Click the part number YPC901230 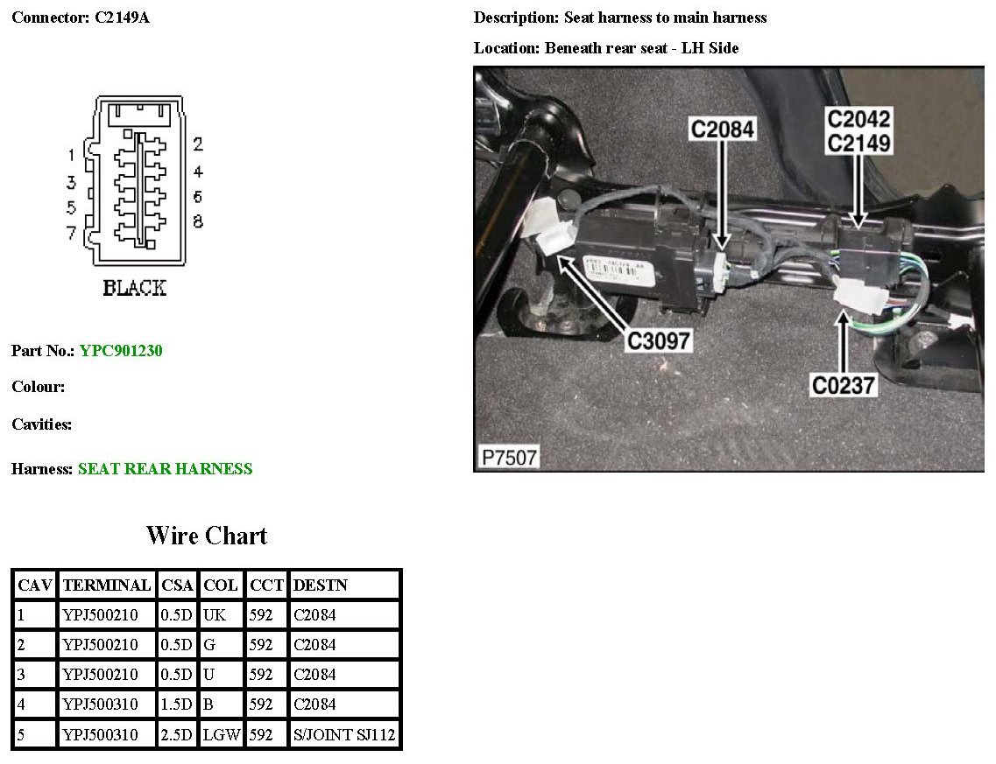click(x=121, y=351)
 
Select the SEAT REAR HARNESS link click(x=166, y=469)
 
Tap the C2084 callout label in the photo click(x=722, y=130)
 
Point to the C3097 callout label click(x=659, y=340)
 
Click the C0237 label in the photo click(x=843, y=385)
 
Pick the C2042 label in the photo click(x=858, y=119)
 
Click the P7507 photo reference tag click(x=509, y=458)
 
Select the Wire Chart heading click(x=207, y=536)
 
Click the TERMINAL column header click(x=107, y=585)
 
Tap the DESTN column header click(x=320, y=585)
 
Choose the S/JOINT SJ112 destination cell click(x=344, y=735)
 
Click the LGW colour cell click(x=222, y=735)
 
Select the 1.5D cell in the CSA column click(x=177, y=704)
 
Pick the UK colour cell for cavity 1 click(x=215, y=615)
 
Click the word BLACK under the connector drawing click(x=135, y=288)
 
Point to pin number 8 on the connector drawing click(x=198, y=221)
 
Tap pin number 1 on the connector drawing click(x=72, y=154)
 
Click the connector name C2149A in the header click(x=122, y=18)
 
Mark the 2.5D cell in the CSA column click(x=177, y=735)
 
